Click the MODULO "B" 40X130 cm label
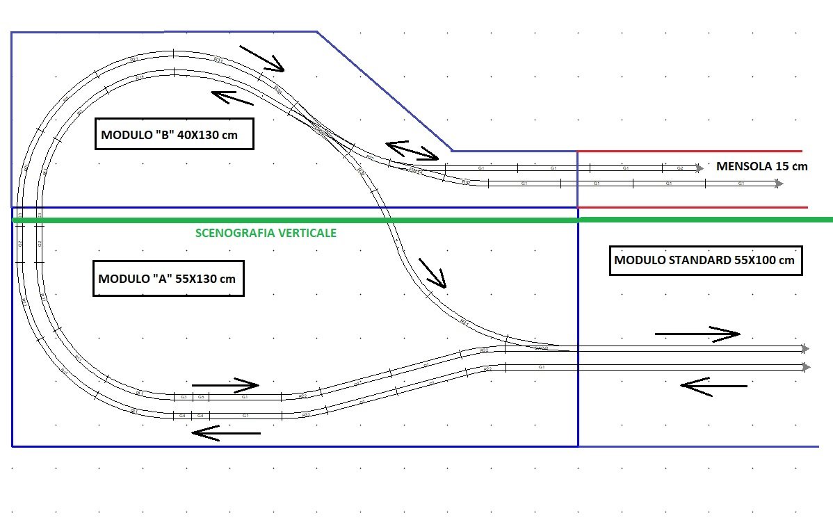[x=173, y=135]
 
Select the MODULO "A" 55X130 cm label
[x=168, y=279]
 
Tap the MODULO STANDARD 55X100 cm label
[x=705, y=261]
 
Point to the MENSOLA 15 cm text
[x=762, y=167]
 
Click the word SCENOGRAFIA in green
[x=229, y=233]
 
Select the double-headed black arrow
[x=412, y=149]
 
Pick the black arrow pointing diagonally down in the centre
[x=432, y=273]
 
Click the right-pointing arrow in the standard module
[x=697, y=334]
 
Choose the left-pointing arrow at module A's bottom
[x=226, y=432]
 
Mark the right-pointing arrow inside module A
[x=225, y=384]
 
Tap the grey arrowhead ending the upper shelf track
[x=699, y=168]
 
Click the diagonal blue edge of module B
[x=385, y=91]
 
